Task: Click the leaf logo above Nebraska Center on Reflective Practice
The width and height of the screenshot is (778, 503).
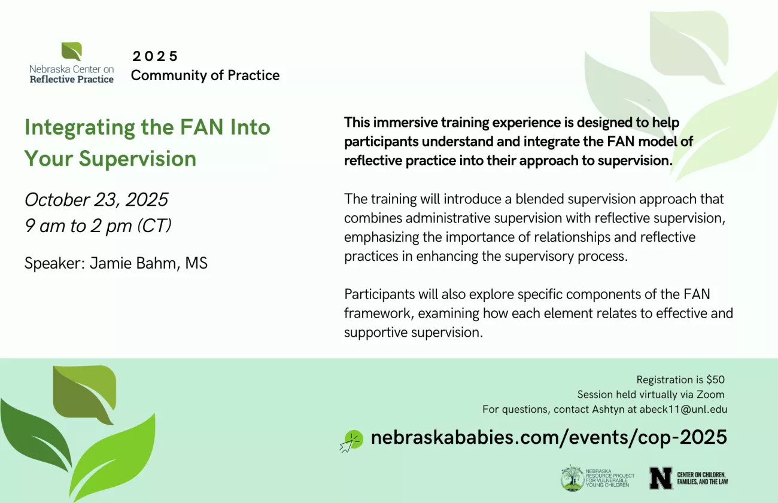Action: click(72, 51)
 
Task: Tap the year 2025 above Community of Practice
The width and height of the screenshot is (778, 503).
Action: click(155, 56)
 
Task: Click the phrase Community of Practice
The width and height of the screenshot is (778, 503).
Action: click(205, 75)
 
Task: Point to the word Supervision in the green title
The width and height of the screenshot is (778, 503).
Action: click(138, 159)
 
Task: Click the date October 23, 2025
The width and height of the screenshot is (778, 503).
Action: click(96, 200)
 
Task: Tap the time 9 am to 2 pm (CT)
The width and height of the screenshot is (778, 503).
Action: click(98, 225)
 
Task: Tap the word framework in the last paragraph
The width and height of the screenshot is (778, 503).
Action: click(379, 313)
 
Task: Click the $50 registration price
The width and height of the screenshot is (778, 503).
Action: click(715, 380)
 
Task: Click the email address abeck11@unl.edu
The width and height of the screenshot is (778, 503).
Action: click(683, 410)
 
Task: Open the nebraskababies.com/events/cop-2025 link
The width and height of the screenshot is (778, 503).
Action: click(549, 437)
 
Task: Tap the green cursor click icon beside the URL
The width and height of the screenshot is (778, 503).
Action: click(352, 441)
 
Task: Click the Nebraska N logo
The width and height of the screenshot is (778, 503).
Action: click(661, 478)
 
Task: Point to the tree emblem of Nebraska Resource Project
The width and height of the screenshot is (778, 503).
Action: click(572, 478)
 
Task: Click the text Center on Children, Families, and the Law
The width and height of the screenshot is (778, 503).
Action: click(702, 478)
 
